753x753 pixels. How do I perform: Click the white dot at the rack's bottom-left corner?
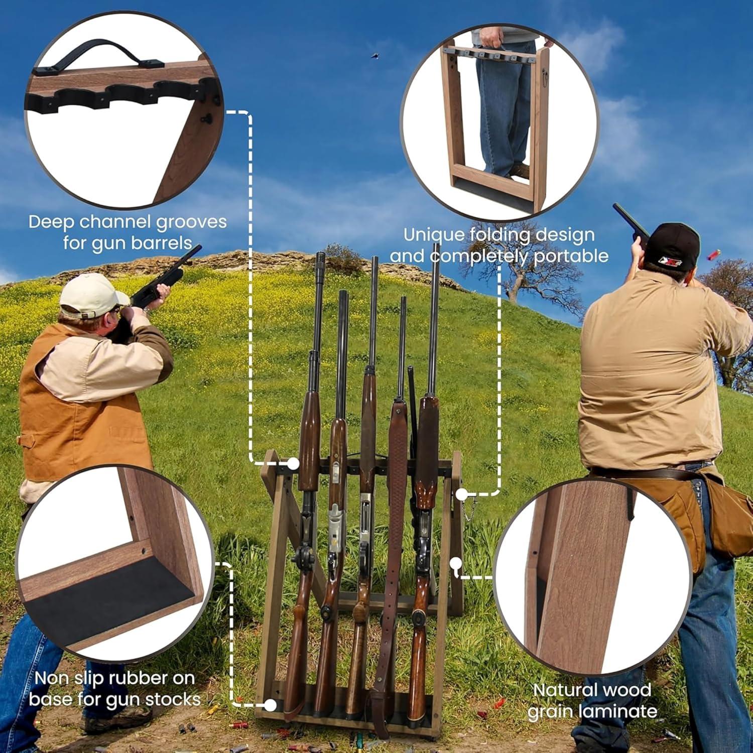click(x=270, y=705)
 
